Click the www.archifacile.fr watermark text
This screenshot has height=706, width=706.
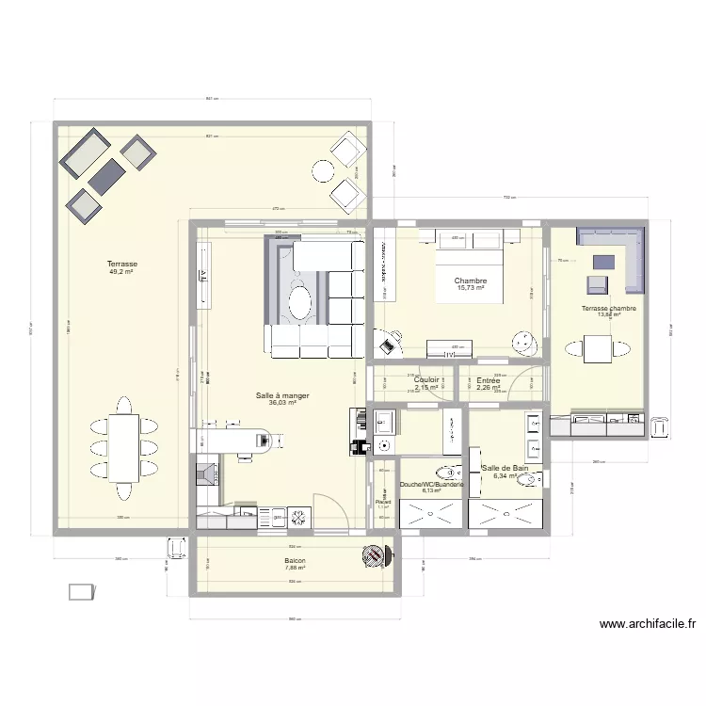pyautogui.click(x=647, y=623)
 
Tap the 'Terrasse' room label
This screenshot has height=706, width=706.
pyautogui.click(x=121, y=265)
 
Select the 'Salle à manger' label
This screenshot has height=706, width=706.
pyautogui.click(x=282, y=395)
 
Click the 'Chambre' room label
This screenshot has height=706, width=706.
pyautogui.click(x=470, y=281)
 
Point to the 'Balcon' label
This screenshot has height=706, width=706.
pyautogui.click(x=296, y=560)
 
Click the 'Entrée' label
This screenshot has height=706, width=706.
pyautogui.click(x=489, y=380)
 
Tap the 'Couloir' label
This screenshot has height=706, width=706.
pyautogui.click(x=426, y=380)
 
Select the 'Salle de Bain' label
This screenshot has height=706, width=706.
pyautogui.click(x=505, y=468)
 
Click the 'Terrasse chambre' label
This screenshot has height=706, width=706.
pyautogui.click(x=609, y=309)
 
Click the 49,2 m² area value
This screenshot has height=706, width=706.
pyautogui.click(x=121, y=272)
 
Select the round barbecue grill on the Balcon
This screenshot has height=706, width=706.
pyautogui.click(x=376, y=555)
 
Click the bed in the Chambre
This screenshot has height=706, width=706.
pyautogui.click(x=470, y=268)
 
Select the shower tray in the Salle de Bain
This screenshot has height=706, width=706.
pyautogui.click(x=507, y=515)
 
